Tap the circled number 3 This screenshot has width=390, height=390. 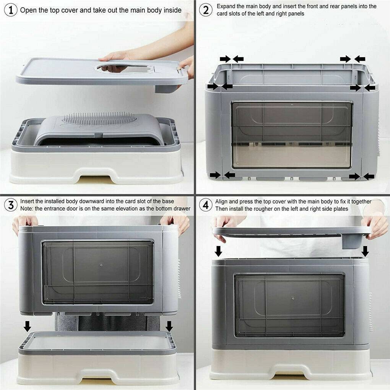(x=11, y=205)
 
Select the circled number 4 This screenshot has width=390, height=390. (x=206, y=205)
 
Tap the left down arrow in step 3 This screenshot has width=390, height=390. (x=27, y=326)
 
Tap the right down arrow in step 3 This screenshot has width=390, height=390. (x=169, y=326)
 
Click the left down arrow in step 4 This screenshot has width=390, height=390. (x=218, y=251)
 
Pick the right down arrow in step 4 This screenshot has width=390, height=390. (x=365, y=251)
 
